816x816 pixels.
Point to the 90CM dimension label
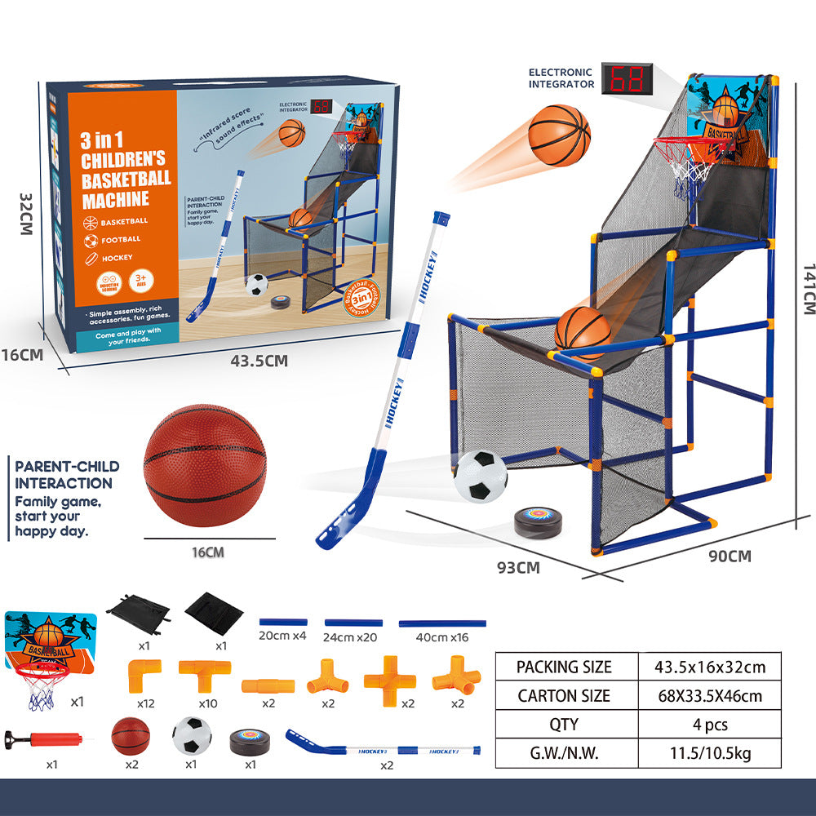730,557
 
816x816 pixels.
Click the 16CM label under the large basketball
207,552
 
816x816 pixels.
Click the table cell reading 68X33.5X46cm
709,696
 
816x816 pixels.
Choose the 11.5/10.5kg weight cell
709,753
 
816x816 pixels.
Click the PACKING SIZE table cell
564,667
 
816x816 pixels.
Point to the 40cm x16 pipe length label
442,637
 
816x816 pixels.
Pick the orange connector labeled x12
143,675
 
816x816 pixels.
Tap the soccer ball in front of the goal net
481,476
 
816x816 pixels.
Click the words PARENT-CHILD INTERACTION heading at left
67,475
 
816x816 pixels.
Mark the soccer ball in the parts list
192,734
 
